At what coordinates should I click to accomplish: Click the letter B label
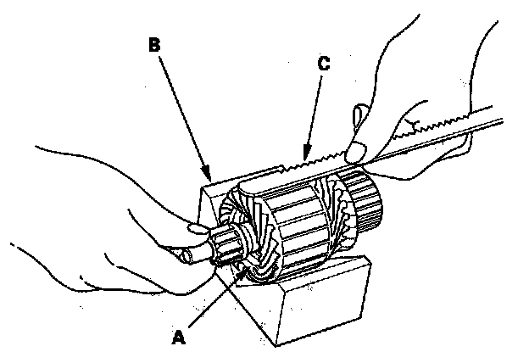click(154, 45)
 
